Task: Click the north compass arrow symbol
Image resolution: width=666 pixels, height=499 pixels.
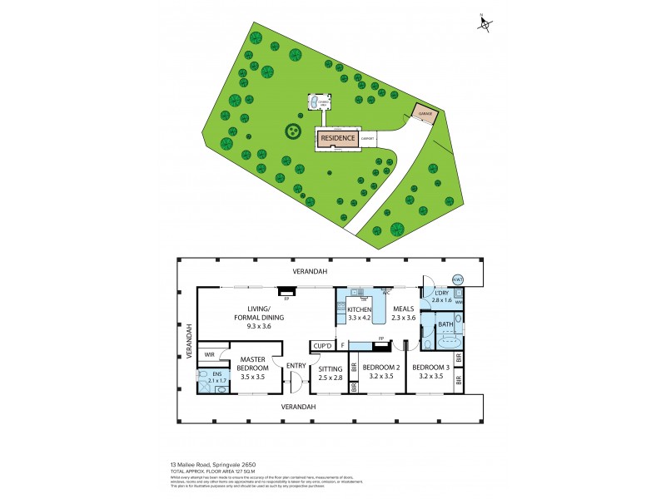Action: click(485, 24)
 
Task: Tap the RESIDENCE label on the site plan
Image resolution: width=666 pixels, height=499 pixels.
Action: click(339, 138)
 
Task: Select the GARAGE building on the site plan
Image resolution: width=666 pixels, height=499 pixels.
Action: click(424, 113)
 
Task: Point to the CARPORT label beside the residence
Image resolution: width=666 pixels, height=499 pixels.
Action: click(367, 138)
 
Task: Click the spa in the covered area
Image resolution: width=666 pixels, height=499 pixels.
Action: click(315, 102)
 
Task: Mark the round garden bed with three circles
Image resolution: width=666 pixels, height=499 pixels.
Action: click(293, 131)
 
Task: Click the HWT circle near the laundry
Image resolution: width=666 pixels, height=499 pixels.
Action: click(458, 279)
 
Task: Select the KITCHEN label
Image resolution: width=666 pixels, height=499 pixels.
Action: click(359, 309)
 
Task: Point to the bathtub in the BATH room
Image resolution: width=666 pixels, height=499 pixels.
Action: click(449, 341)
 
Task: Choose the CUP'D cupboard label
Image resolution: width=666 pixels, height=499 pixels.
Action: click(322, 345)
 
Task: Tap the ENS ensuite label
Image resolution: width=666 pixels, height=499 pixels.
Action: click(216, 375)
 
